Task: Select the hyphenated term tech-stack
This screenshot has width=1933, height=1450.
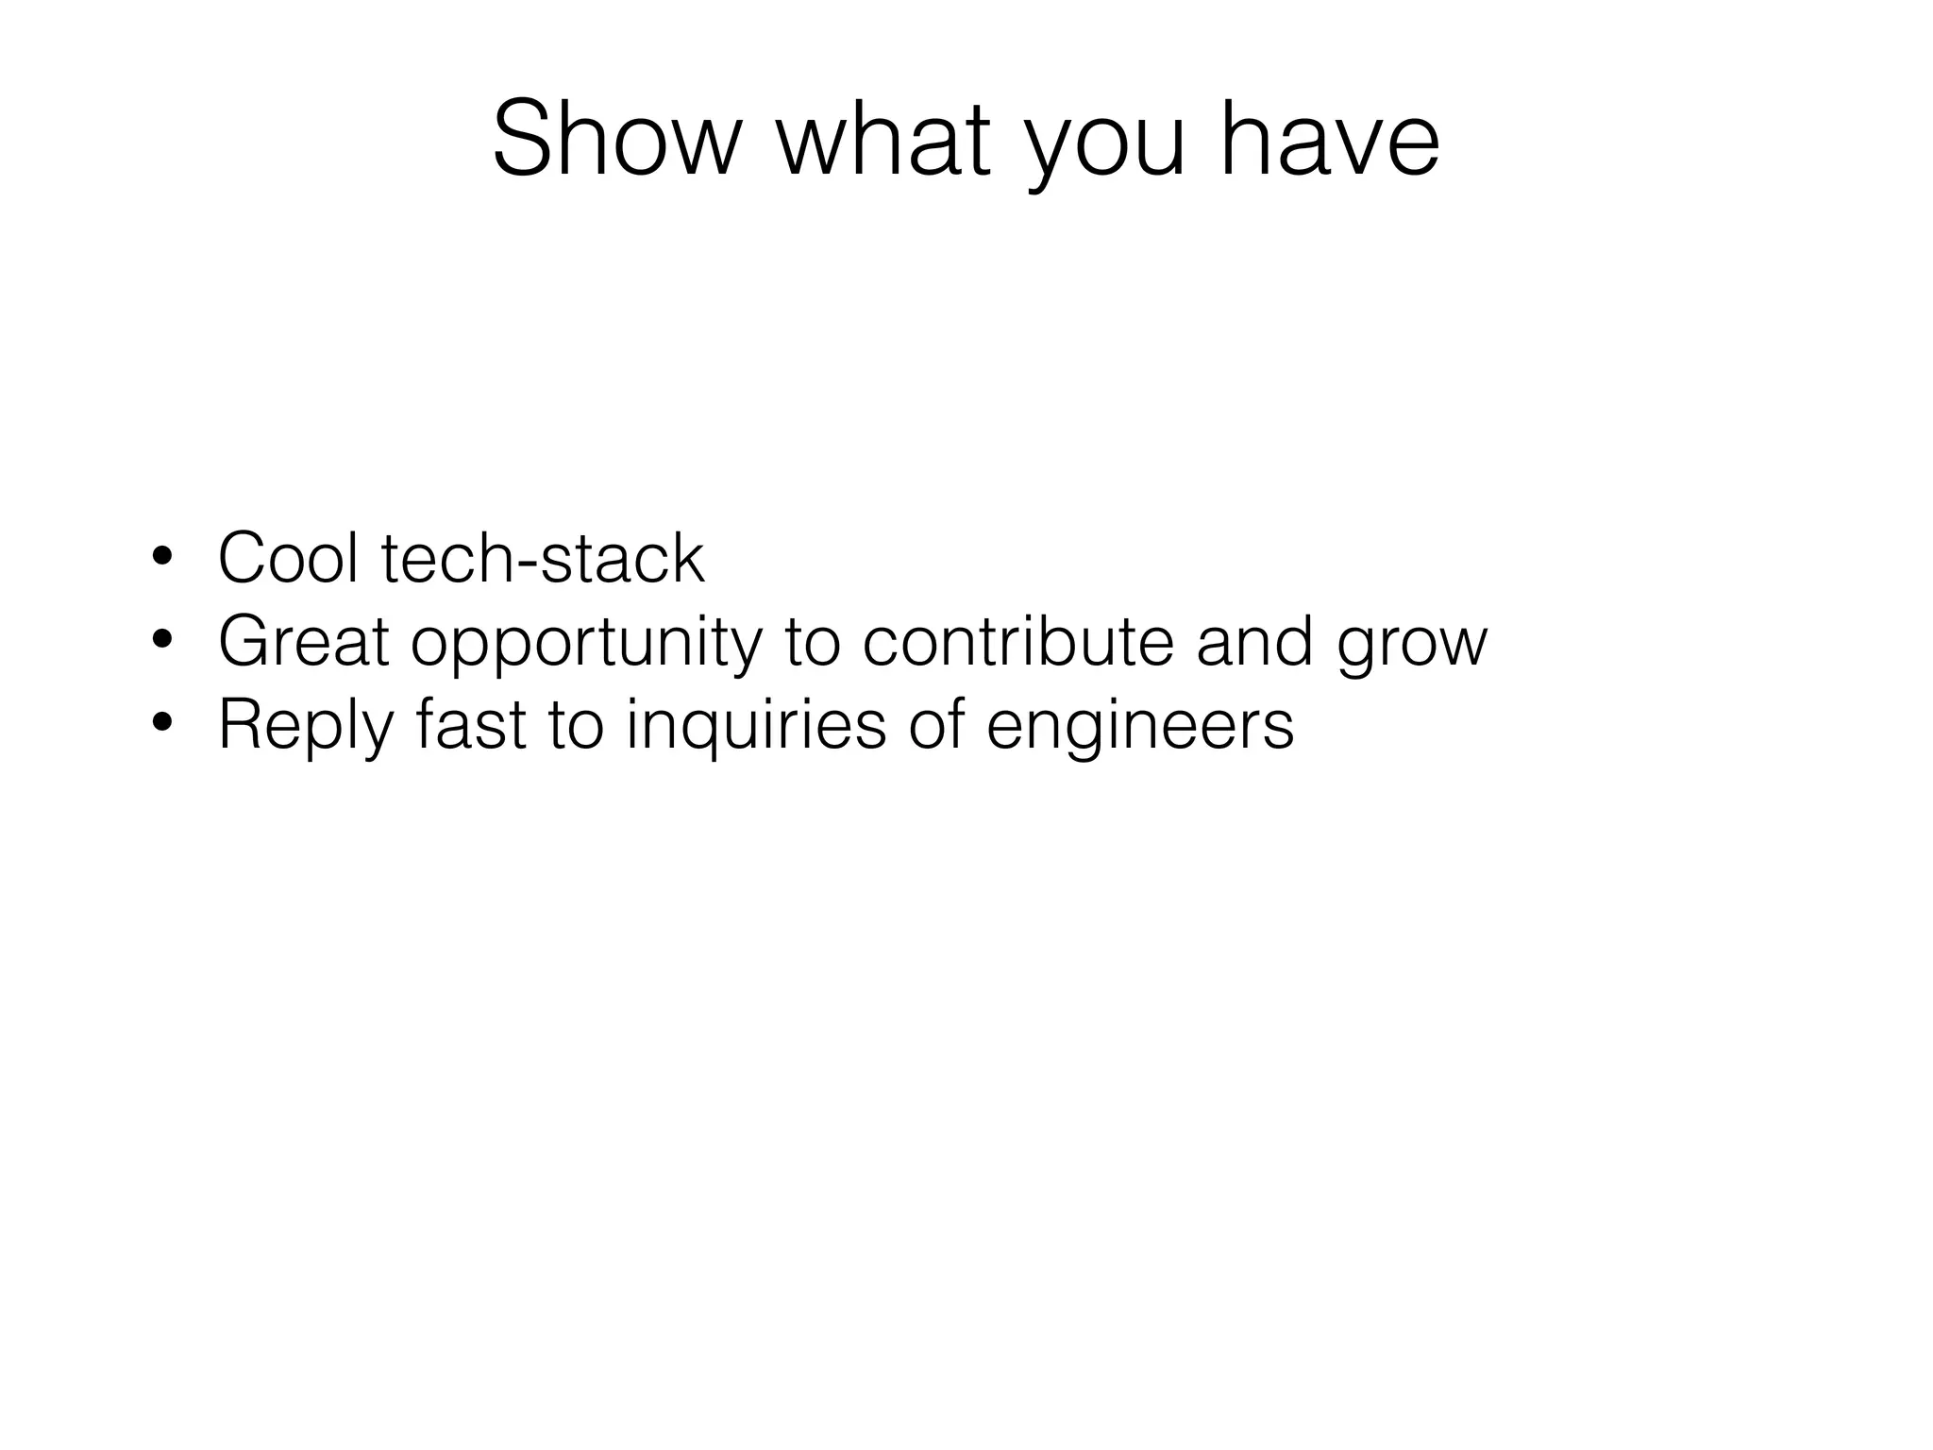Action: click(x=543, y=559)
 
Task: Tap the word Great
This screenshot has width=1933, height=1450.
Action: click(x=303, y=642)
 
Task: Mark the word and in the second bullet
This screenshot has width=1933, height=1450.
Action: click(x=1254, y=642)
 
